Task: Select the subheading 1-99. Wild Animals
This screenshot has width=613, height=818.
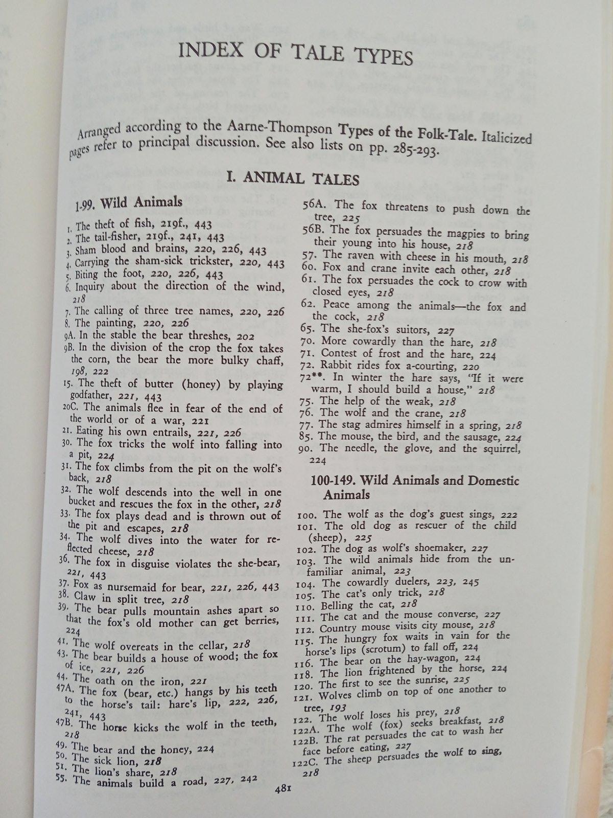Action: point(128,203)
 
